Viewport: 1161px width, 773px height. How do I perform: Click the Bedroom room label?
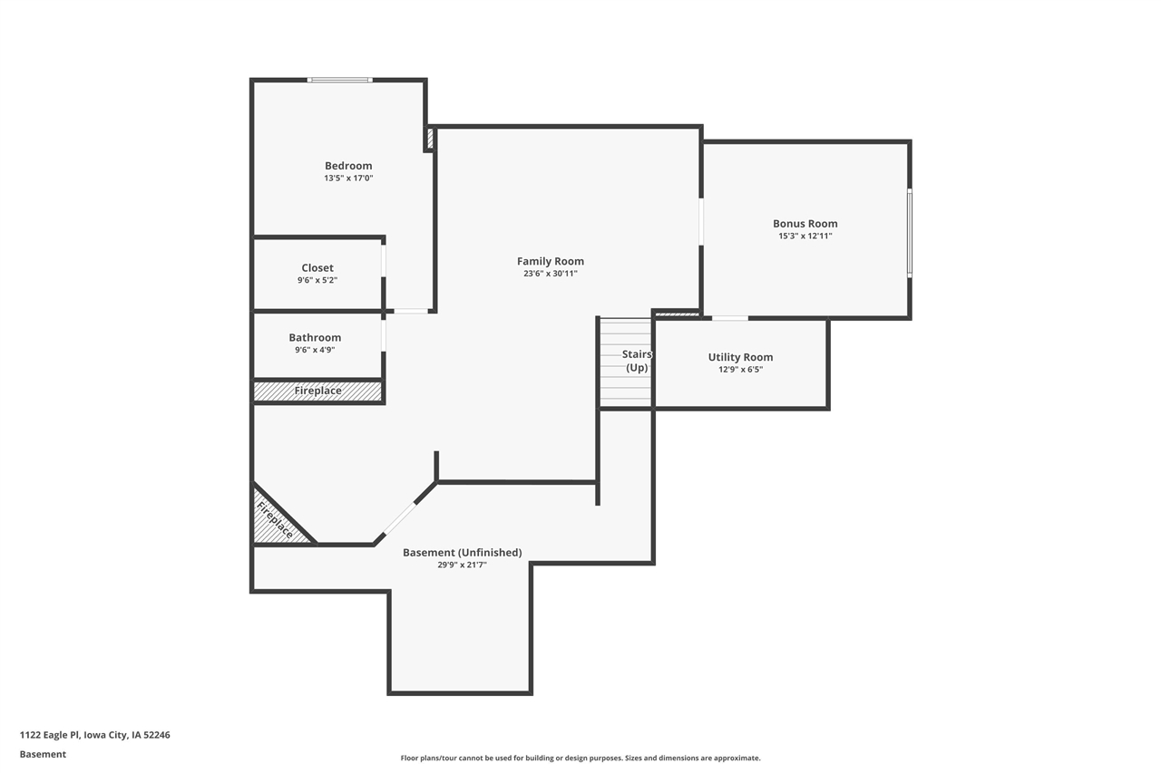click(x=348, y=166)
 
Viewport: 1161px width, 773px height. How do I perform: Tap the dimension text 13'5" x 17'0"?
click(x=348, y=179)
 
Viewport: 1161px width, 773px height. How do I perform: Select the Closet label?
click(x=317, y=268)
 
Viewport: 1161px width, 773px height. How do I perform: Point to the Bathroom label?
click(x=315, y=338)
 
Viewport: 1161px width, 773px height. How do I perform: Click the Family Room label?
click(x=551, y=262)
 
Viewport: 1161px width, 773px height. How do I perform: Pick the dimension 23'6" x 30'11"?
click(x=551, y=274)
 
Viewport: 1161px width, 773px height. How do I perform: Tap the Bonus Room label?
click(x=805, y=224)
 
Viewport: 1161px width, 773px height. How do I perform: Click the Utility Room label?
click(x=740, y=358)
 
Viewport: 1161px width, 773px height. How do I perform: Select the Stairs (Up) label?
click(x=636, y=361)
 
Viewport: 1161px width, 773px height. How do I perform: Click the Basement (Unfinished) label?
click(x=462, y=553)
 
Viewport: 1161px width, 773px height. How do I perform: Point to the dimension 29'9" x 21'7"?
click(x=462, y=565)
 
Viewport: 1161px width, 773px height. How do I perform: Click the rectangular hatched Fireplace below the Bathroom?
click(x=317, y=391)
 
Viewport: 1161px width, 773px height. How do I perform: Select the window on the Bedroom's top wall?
click(x=339, y=81)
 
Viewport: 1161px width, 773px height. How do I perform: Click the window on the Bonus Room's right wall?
click(x=909, y=232)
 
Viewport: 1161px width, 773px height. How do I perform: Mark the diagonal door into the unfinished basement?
click(x=399, y=519)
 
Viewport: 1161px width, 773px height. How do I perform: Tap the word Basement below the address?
click(x=43, y=754)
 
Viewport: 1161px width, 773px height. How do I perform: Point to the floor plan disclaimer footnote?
click(x=580, y=758)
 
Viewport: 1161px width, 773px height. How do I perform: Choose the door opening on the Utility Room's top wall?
click(x=729, y=318)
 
